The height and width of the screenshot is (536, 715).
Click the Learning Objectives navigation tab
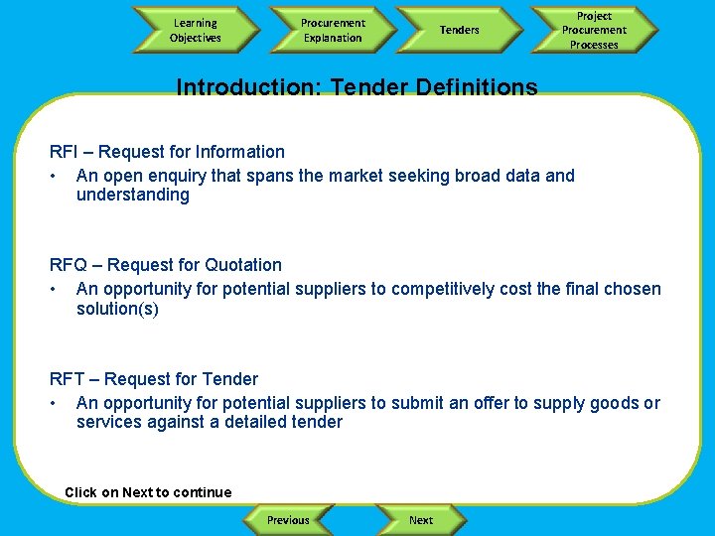[196, 30]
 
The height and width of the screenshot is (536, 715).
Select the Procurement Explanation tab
[333, 30]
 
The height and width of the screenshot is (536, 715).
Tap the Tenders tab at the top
[459, 30]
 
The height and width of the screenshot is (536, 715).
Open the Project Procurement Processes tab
[594, 30]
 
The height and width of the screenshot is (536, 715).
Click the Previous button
[288, 520]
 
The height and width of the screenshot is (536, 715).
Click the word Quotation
[243, 265]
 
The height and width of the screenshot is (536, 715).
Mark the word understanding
[132, 195]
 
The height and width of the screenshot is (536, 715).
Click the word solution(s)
[117, 309]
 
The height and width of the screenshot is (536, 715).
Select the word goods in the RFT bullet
[616, 403]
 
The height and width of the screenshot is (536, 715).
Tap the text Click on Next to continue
[148, 492]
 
